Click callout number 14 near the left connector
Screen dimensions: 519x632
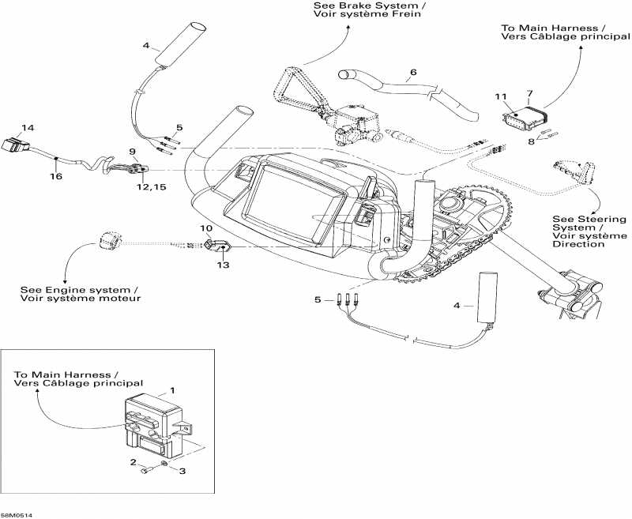28,127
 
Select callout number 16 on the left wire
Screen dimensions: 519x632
56,177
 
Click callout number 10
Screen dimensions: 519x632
206,228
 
